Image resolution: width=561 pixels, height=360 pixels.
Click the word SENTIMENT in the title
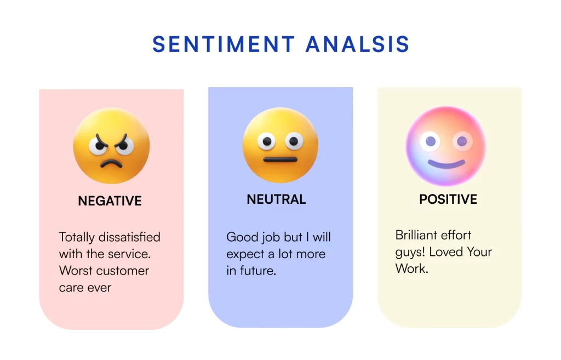pos(224,44)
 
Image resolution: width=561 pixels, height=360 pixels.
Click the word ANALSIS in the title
pos(357,44)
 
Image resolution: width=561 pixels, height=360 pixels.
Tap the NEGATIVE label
pos(110,201)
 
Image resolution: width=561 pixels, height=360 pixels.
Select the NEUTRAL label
pos(276,199)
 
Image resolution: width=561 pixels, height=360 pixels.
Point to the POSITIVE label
pos(448,199)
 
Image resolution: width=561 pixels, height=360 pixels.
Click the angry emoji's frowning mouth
pos(111,163)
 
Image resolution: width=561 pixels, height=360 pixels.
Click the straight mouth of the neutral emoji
pos(280,159)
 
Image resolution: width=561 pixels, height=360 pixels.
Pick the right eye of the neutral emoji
pos(294,141)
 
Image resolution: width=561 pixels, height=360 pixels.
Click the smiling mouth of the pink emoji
pos(446,165)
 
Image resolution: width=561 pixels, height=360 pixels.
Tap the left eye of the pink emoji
pos(430,141)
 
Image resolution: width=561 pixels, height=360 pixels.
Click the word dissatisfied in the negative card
pos(129,237)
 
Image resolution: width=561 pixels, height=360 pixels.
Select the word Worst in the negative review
pos(76,271)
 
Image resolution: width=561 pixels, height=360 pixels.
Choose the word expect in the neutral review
pos(245,254)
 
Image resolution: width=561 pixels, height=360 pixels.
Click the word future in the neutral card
pos(257,271)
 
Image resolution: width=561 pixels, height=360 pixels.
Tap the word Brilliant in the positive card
pos(416,235)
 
